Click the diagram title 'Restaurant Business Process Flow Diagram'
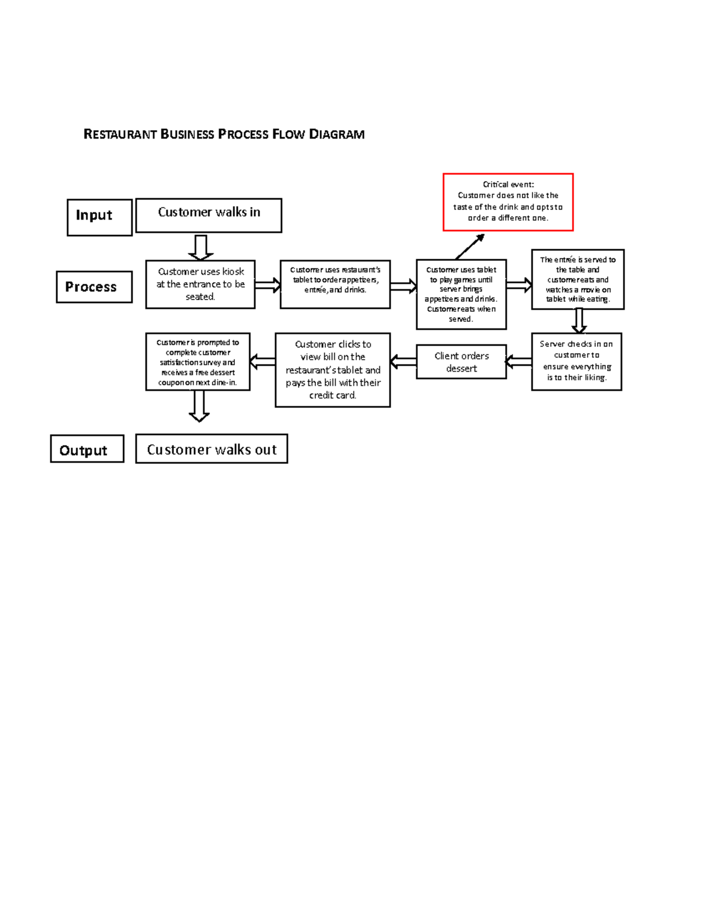coord(224,134)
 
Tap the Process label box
coord(94,287)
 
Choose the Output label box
coord(87,449)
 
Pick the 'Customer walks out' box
coord(211,449)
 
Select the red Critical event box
coord(508,202)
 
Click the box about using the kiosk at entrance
coord(200,284)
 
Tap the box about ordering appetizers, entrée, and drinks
coord(335,284)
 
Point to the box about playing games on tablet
coord(461,294)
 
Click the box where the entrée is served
coord(577,279)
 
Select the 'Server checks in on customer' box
coord(576,361)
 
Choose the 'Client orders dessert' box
coord(461,362)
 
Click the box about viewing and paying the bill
coord(333,370)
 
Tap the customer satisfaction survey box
coord(198,362)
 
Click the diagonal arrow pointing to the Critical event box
coord(470,246)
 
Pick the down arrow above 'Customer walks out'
coord(199,406)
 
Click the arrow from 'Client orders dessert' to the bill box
coord(403,362)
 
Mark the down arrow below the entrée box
coord(579,321)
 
